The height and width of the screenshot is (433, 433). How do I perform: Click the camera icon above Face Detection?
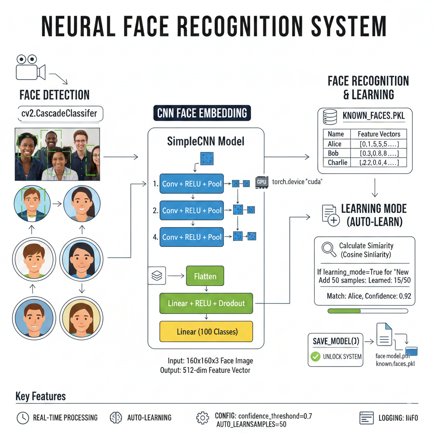pyautogui.click(x=30, y=68)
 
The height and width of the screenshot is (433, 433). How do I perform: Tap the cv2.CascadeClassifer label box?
pyautogui.click(x=60, y=113)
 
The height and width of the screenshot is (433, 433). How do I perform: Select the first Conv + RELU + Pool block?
pyautogui.click(x=192, y=184)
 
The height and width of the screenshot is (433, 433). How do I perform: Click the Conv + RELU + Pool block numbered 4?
pyautogui.click(x=192, y=237)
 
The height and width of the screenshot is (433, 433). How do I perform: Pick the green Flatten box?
pyautogui.click(x=205, y=276)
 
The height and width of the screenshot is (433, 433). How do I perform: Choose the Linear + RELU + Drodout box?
pyautogui.click(x=206, y=303)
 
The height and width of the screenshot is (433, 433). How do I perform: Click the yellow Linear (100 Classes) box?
pyautogui.click(x=206, y=332)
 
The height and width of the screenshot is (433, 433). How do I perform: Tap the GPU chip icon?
pyautogui.click(x=261, y=182)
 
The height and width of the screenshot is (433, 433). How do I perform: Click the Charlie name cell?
pyautogui.click(x=337, y=162)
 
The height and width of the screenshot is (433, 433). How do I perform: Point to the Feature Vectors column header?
pyautogui.click(x=378, y=134)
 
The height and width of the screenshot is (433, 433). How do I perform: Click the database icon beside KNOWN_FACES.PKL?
pyautogui.click(x=330, y=117)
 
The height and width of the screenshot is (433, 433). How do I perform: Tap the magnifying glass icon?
pyautogui.click(x=329, y=249)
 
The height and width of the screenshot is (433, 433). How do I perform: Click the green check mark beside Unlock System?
pyautogui.click(x=315, y=356)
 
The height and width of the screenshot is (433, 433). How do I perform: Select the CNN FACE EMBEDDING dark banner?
pyautogui.click(x=202, y=113)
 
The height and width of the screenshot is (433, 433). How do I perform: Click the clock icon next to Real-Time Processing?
pyautogui.click(x=23, y=418)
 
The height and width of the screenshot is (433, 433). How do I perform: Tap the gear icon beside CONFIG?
pyautogui.click(x=203, y=418)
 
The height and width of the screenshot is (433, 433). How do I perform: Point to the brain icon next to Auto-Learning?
pyautogui.click(x=116, y=418)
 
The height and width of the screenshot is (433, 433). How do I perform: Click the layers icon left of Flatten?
pyautogui.click(x=157, y=276)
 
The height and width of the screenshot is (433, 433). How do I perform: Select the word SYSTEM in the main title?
pyautogui.click(x=349, y=27)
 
